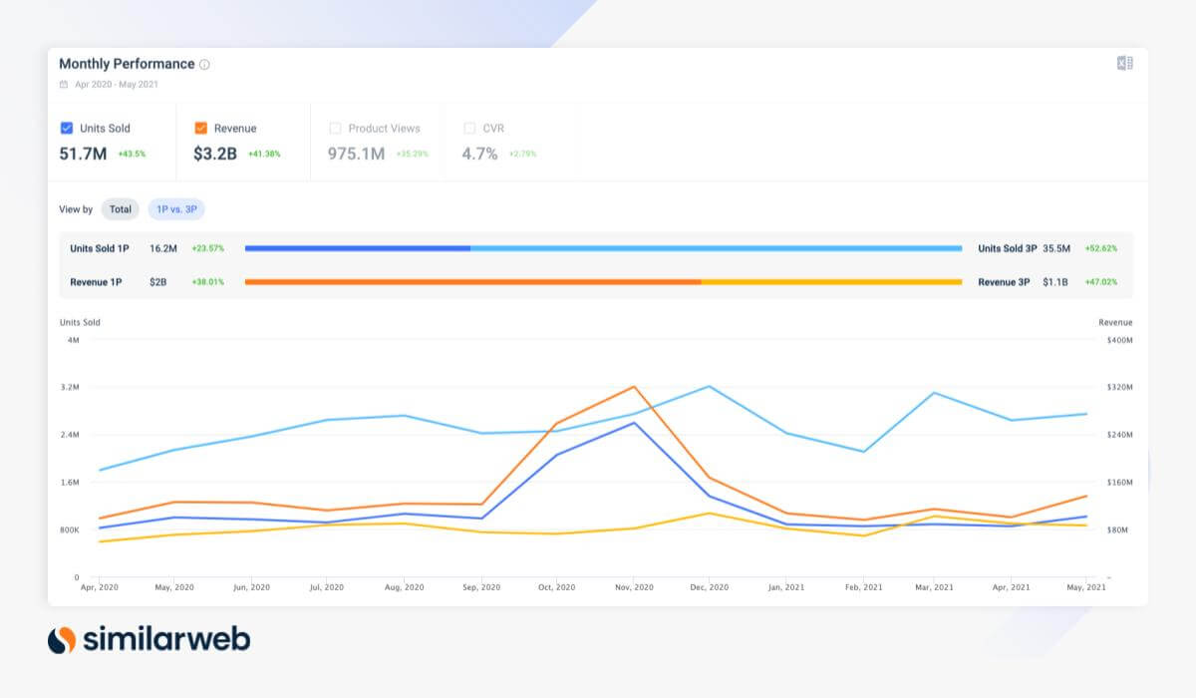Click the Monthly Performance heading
click(x=127, y=64)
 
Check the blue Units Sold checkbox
click(x=67, y=128)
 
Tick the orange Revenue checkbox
click(x=201, y=128)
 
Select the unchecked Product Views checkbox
click(x=335, y=128)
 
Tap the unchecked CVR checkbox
click(x=469, y=128)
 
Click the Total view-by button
click(x=120, y=209)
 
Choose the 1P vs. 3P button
click(x=176, y=209)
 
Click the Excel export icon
click(x=1124, y=64)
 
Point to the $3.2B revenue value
click(x=215, y=154)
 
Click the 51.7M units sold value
click(x=84, y=154)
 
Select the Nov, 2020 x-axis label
click(x=633, y=587)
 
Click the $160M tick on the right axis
click(x=1119, y=483)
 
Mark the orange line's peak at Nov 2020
click(x=633, y=386)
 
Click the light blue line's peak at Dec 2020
click(x=709, y=386)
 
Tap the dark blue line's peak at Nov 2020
click(x=633, y=423)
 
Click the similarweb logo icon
click(x=62, y=639)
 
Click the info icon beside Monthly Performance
click(x=204, y=65)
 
